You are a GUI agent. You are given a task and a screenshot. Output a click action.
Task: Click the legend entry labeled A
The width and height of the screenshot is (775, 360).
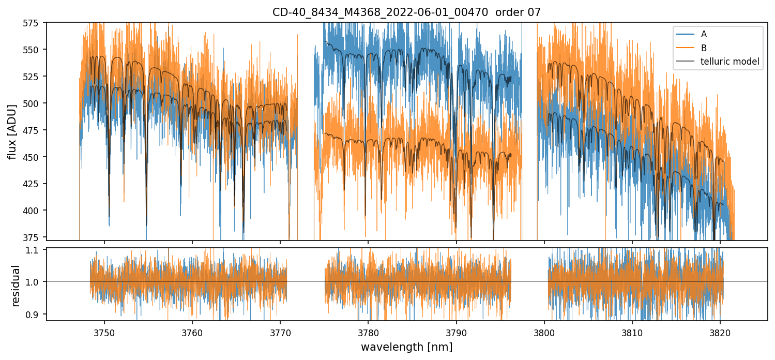tap(704, 35)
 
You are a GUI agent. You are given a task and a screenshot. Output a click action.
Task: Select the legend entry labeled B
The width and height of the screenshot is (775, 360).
tap(704, 48)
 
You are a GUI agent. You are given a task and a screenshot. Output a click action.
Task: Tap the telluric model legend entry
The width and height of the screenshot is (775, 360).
tap(730, 62)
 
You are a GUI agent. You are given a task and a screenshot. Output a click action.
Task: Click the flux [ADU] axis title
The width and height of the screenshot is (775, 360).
tap(12, 131)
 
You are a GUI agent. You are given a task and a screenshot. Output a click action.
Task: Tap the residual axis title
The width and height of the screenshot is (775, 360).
tap(16, 285)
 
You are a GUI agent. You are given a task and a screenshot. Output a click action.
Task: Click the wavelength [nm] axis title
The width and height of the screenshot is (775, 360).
tap(406, 347)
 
